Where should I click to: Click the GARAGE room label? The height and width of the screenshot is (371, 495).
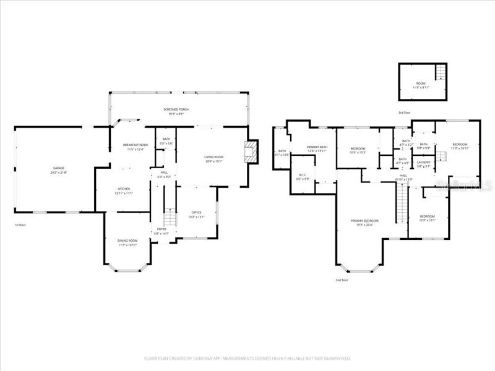pos(59,168)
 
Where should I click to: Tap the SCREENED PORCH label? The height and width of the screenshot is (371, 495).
pos(176,109)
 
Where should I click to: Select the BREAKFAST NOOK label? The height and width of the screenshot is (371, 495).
pos(135,145)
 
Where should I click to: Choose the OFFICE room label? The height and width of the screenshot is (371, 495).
pos(196,212)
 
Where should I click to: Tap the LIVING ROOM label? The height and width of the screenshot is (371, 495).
pos(214,157)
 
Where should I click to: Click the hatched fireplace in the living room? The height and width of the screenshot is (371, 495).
pos(250,151)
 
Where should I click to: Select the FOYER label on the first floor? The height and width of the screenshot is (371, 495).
pos(161,229)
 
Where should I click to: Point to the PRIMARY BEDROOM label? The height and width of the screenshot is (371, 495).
pos(364,221)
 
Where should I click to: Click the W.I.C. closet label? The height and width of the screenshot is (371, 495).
pos(303,175)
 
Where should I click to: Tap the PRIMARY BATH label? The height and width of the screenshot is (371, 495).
pos(317,147)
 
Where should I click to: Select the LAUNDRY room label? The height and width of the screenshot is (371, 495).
pos(424,162)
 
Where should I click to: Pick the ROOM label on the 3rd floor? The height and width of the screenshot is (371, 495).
pos(421,83)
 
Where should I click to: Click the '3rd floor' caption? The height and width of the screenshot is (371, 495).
pos(405,113)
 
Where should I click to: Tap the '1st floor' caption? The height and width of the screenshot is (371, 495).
pos(20,224)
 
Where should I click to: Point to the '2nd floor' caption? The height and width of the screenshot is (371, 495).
pos(342,280)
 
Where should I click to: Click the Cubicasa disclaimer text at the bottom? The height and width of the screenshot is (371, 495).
pos(247,358)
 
